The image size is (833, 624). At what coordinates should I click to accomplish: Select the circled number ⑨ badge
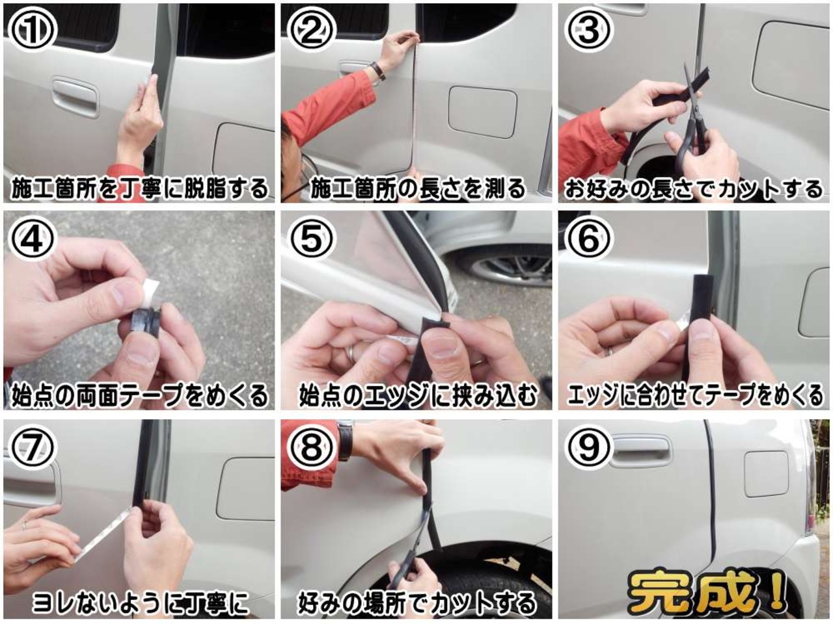point(589,447)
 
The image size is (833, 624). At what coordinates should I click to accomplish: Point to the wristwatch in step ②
point(378,71)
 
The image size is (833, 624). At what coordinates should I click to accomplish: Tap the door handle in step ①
point(75,96)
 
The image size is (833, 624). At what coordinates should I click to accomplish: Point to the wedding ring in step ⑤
point(351,353)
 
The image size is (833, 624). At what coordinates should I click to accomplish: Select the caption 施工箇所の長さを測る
point(418,188)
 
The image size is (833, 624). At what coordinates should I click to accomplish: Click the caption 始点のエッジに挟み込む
point(418,396)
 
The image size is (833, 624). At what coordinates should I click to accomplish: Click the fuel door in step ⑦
point(246,489)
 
